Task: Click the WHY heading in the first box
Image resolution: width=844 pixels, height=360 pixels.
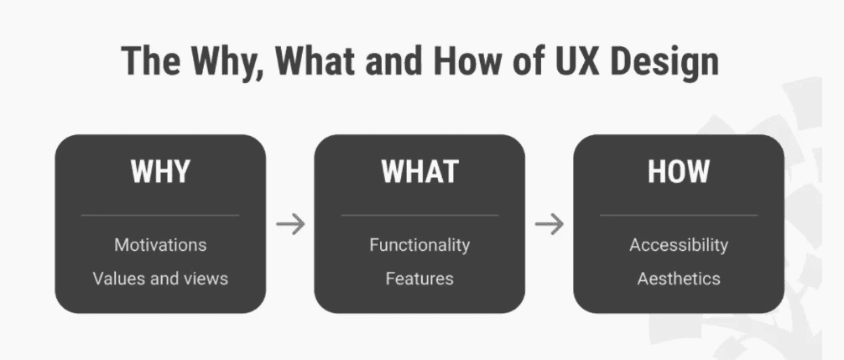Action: [x=160, y=171]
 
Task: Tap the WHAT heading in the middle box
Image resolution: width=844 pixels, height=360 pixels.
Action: [x=419, y=171]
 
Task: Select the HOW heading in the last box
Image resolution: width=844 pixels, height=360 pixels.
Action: [x=678, y=171]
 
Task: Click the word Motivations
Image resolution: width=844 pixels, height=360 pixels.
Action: [x=160, y=245]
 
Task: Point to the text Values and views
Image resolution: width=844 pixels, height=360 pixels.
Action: [x=160, y=279]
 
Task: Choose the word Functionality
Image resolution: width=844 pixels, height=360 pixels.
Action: [x=419, y=245]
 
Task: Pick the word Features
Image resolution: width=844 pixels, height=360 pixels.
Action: [x=419, y=279]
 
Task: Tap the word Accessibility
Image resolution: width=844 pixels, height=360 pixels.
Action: [x=679, y=245]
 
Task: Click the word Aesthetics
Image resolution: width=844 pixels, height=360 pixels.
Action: [x=679, y=279]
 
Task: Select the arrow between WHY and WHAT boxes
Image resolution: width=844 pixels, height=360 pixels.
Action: [x=290, y=224]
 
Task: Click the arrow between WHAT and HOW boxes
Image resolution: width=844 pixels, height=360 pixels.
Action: [x=549, y=224]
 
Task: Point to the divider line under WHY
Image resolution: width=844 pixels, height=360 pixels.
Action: [x=160, y=216]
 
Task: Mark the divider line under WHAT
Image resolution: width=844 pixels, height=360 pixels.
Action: [x=419, y=216]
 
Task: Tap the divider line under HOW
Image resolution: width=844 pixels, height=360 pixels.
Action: [x=679, y=216]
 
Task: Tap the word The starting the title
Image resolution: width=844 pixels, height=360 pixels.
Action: [x=150, y=60]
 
